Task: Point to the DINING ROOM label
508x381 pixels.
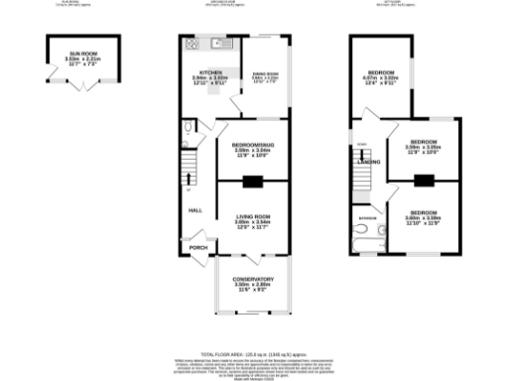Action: [263, 73]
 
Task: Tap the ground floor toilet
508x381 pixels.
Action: [190, 127]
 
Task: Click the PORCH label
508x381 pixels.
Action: [197, 247]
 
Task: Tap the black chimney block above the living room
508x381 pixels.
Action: [252, 181]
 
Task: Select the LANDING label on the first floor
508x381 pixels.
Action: [368, 161]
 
